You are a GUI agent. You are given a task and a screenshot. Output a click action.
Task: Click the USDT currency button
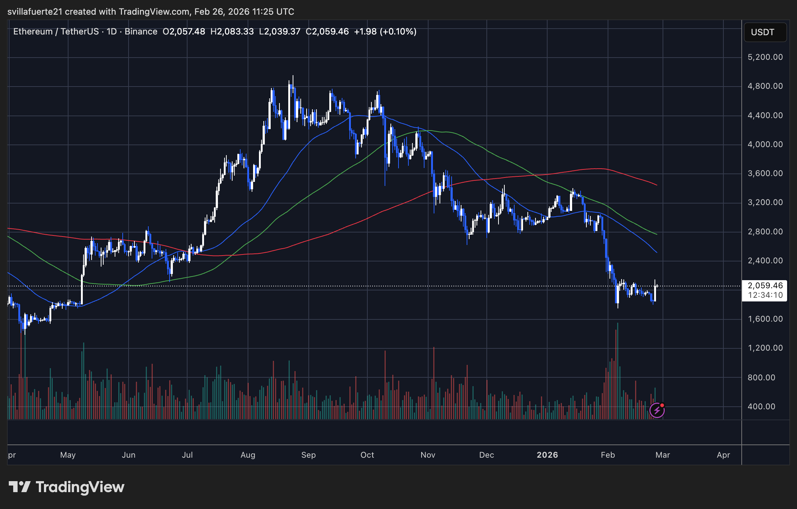(765, 32)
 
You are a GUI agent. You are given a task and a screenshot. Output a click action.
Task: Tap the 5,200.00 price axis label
(765, 57)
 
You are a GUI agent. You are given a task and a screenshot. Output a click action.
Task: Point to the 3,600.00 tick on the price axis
(765, 173)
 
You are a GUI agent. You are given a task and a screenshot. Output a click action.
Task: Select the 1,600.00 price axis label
(765, 319)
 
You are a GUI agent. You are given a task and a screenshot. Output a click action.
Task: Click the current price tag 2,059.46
(765, 286)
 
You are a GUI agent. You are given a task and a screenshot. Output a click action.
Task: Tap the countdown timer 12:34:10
(765, 295)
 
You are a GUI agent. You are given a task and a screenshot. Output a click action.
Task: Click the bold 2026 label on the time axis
(547, 455)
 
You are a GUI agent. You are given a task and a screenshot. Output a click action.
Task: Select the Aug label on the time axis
(248, 455)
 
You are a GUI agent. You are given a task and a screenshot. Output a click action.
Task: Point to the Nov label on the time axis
(428, 455)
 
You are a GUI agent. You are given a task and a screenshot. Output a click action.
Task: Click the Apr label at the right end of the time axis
(723, 455)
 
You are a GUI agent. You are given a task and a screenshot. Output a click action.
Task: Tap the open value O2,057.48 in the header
(184, 32)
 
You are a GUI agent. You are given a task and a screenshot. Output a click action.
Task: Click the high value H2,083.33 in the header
(232, 32)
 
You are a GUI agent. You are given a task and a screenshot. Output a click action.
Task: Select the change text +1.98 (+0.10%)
(385, 32)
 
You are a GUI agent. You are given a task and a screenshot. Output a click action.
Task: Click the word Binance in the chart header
(141, 32)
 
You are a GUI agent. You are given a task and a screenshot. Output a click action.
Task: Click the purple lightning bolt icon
(657, 410)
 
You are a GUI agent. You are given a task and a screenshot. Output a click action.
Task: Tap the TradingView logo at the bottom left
(66, 487)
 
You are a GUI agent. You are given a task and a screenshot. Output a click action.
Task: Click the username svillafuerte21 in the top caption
(35, 12)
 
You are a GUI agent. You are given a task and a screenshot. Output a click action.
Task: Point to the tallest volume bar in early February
(618, 370)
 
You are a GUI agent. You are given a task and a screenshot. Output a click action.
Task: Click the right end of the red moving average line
(656, 185)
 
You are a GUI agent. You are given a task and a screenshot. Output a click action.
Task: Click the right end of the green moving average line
(656, 234)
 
